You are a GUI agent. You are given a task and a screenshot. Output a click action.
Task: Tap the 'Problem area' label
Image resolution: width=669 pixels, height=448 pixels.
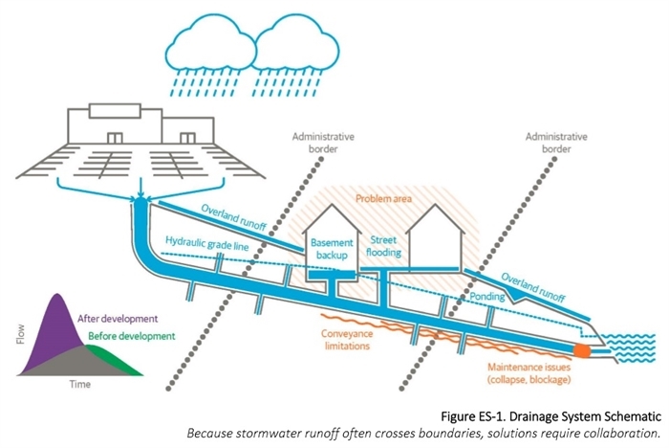click(x=379, y=199)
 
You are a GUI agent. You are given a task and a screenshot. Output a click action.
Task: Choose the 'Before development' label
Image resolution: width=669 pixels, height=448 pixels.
click(x=131, y=336)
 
